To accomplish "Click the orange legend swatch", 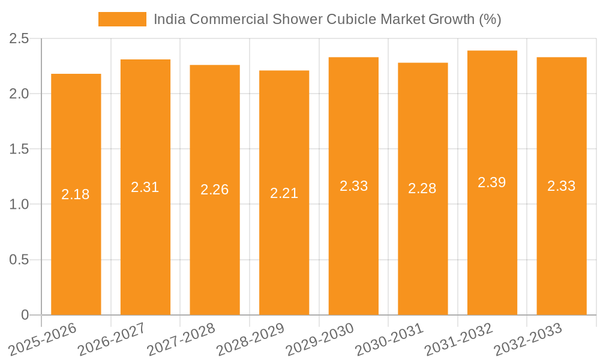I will coord(122,19).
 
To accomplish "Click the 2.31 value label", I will coord(145,187).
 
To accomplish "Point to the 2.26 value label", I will coord(215,190).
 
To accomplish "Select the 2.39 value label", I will coord(492,182).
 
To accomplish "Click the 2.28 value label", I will coord(422,188).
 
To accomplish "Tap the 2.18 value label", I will coord(76,194).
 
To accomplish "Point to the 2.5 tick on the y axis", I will coord(19,39).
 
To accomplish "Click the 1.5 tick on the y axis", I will coord(19,149).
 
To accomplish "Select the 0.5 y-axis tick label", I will coord(19,260).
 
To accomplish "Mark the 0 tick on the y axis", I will coord(25,315).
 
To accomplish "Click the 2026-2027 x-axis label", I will coord(112,339).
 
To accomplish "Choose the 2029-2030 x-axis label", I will coord(320,339).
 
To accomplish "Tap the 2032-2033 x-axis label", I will coord(528,339).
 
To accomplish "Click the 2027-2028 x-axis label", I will coord(181,339).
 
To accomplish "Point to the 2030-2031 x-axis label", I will coord(389,339).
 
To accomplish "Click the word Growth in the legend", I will coord(451,19).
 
